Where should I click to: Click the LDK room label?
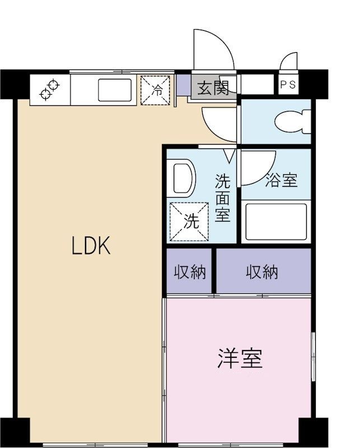tap(91, 246)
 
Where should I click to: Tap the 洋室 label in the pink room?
tap(240, 358)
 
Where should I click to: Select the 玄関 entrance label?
tap(213, 87)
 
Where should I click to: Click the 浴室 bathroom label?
tap(281, 180)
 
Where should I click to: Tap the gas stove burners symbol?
tap(49, 90)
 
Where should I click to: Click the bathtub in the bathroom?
tap(276, 221)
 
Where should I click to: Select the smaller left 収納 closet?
tap(190, 272)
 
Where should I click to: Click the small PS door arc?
tap(290, 62)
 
